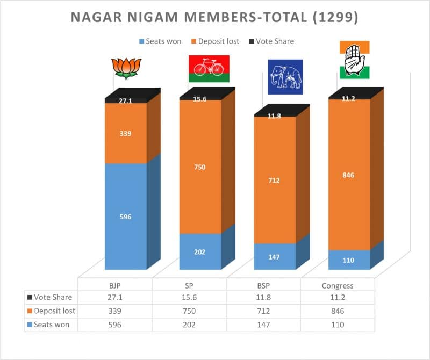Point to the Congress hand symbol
354,59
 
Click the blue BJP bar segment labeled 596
125,217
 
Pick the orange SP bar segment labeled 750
200,167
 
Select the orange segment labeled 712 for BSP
274,180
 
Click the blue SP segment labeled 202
200,251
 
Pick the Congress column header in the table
338,285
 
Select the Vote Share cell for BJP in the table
115,298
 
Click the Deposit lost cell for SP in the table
189,311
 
